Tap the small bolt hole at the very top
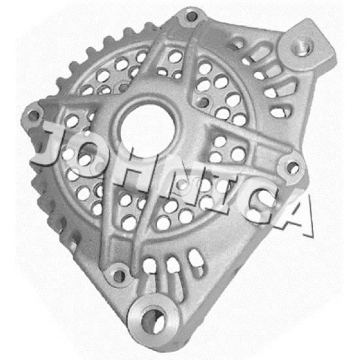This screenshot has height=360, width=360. tap(192, 16)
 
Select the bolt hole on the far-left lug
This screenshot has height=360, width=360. tap(34, 116)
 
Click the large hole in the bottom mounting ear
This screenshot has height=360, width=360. tap(153, 319)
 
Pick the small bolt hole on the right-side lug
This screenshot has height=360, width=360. tap(293, 168)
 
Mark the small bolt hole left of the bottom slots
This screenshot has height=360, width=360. tap(119, 276)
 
